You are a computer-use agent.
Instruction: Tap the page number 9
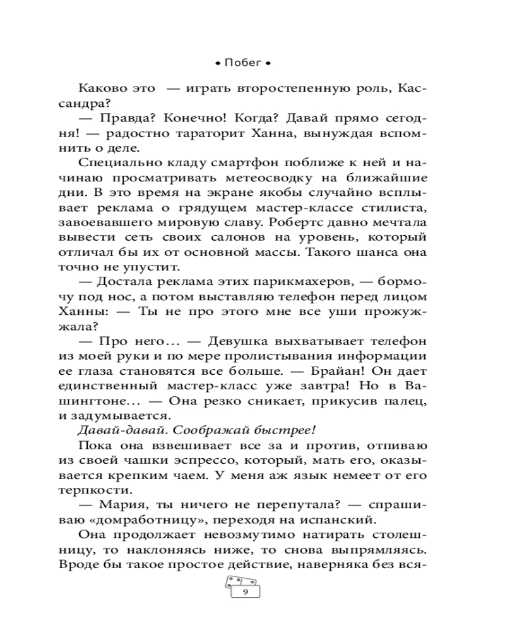pos(244,593)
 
